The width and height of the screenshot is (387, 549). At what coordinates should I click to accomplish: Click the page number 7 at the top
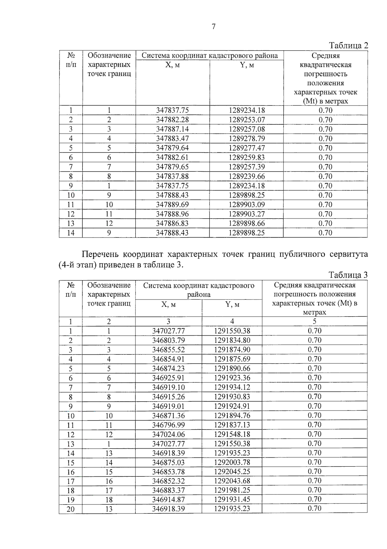(213, 27)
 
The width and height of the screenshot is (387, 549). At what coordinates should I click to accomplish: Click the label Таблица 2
(348, 46)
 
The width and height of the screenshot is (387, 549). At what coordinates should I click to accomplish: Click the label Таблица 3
(348, 275)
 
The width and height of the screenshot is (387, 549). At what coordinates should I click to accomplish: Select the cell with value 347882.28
(172, 120)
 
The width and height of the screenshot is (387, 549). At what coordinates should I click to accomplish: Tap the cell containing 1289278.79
(247, 138)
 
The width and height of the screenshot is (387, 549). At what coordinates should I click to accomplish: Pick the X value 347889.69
(172, 205)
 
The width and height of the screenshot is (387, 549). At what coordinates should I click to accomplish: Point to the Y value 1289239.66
(247, 176)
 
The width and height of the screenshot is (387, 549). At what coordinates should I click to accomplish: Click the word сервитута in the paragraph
(349, 254)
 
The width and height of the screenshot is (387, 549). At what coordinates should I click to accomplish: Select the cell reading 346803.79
(168, 340)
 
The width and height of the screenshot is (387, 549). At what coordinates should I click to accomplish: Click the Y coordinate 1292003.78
(232, 462)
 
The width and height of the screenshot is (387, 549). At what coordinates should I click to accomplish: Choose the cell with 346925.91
(168, 378)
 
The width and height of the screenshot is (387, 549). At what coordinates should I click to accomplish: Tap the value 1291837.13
(232, 425)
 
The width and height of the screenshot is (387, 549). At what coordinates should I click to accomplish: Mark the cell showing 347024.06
(168, 434)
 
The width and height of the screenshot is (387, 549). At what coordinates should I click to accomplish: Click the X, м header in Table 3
(168, 305)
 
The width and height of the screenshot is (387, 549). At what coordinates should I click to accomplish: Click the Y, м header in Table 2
(247, 65)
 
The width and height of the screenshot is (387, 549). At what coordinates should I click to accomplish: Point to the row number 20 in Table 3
(70, 509)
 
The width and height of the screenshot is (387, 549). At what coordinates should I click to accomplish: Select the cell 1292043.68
(232, 481)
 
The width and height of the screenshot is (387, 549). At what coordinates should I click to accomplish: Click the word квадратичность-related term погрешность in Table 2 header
(325, 74)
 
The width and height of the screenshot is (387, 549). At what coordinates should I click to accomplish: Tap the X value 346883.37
(168, 490)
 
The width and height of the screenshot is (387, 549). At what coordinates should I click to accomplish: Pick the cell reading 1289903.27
(247, 214)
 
